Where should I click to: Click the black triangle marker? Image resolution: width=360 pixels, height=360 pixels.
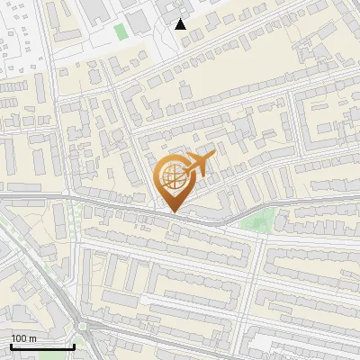(x=181, y=24)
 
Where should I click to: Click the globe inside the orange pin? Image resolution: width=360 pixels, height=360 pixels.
(x=170, y=178)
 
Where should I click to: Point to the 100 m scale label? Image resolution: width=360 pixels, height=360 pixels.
(x=23, y=338)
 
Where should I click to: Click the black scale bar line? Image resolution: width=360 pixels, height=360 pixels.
(x=42, y=346)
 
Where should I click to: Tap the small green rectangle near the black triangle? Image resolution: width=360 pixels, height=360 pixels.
(x=121, y=31)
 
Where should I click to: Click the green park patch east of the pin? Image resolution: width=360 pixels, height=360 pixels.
(x=259, y=220)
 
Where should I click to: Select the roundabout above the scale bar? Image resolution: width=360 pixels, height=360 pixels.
(x=83, y=326)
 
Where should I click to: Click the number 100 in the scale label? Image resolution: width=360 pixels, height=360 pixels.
(x=19, y=338)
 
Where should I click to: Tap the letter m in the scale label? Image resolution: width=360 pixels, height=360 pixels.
(x=32, y=339)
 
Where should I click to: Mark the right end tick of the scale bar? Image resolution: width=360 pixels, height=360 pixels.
(x=75, y=345)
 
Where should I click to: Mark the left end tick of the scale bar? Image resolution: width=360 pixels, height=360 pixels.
(x=10, y=345)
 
